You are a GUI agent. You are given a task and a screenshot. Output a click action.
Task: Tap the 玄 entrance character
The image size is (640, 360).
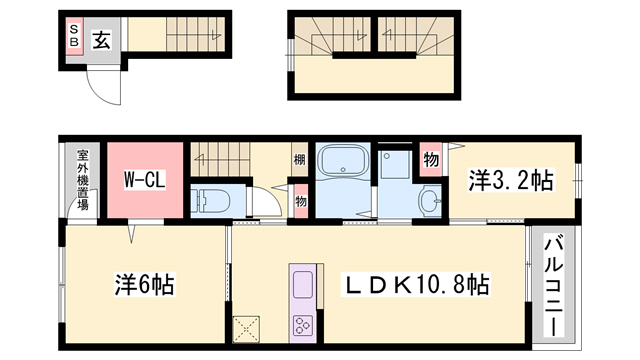(x=102, y=39)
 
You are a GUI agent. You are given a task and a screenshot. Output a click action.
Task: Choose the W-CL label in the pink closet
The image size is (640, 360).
(x=144, y=181)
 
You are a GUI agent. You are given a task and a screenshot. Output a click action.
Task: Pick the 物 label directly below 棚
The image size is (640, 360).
(x=300, y=199)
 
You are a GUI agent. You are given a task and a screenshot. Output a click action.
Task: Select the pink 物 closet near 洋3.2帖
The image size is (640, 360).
(x=430, y=160)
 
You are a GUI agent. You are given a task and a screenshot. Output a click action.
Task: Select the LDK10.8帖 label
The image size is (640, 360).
(x=416, y=285)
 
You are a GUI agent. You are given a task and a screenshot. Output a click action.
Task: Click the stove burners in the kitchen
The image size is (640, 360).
(x=302, y=325)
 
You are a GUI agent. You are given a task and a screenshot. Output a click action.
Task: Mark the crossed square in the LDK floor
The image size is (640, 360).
(x=246, y=329)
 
